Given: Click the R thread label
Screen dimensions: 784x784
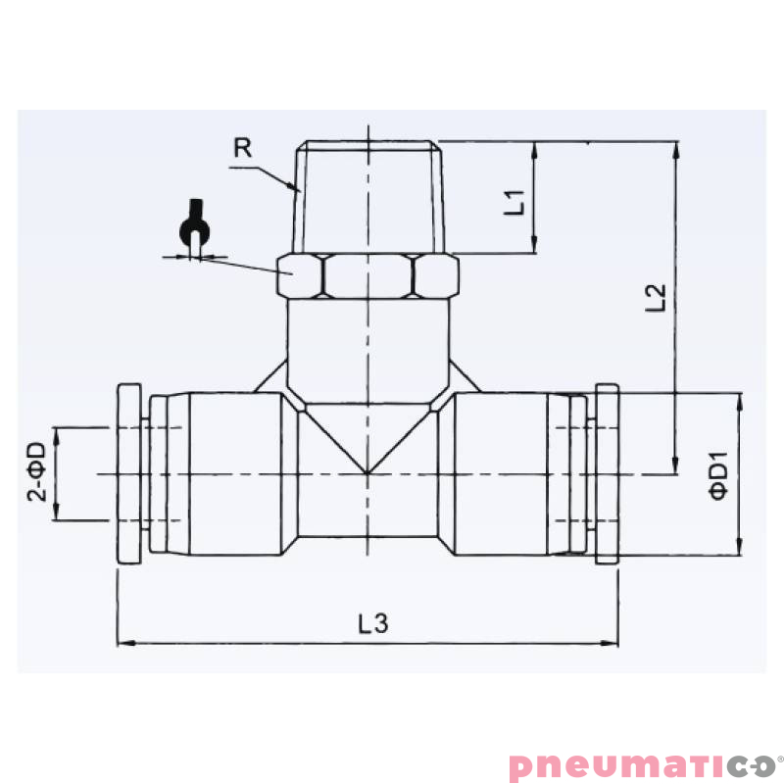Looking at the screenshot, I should coord(244,148).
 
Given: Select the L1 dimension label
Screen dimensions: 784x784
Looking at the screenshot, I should coord(515,202).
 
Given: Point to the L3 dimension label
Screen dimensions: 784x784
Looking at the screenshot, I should coord(372,623).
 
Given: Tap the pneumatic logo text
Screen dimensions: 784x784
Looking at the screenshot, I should coord(642,764).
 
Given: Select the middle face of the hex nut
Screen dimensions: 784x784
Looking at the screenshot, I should coord(368,275).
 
